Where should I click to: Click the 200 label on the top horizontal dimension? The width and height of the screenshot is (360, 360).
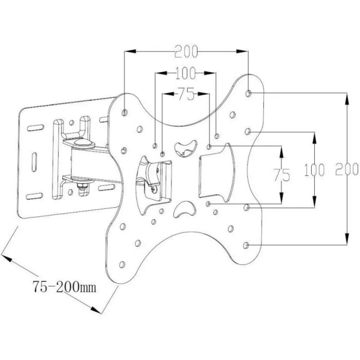[186, 52]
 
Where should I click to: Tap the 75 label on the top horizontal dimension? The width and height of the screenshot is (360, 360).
[186, 94]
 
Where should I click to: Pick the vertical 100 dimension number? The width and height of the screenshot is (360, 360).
[314, 170]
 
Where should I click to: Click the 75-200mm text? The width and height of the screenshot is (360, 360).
[64, 287]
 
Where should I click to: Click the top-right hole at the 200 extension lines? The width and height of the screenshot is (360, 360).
[248, 93]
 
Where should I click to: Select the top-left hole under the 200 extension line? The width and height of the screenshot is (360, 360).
[125, 112]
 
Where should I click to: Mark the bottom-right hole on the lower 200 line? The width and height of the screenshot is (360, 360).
[246, 245]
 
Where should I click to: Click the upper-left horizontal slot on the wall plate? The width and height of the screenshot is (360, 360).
[35, 128]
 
